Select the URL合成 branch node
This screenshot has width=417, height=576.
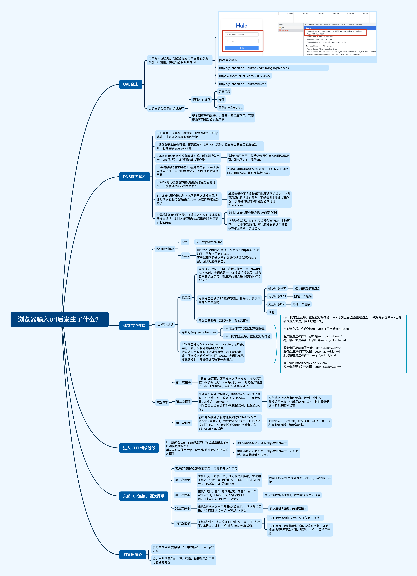pos(130,84)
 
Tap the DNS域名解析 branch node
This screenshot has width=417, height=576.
pos(134,177)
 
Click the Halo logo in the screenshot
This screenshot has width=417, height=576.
pos(241,25)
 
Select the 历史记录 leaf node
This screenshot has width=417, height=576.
pos(224,92)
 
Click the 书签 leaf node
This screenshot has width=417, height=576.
pos(221,100)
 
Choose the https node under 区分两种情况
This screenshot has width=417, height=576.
pos(185,256)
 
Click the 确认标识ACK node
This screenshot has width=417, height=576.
pos(277,288)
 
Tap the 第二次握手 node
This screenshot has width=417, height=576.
pos(183,402)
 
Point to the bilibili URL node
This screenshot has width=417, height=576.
pos(244,76)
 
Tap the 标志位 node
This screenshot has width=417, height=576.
pos(186,297)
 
